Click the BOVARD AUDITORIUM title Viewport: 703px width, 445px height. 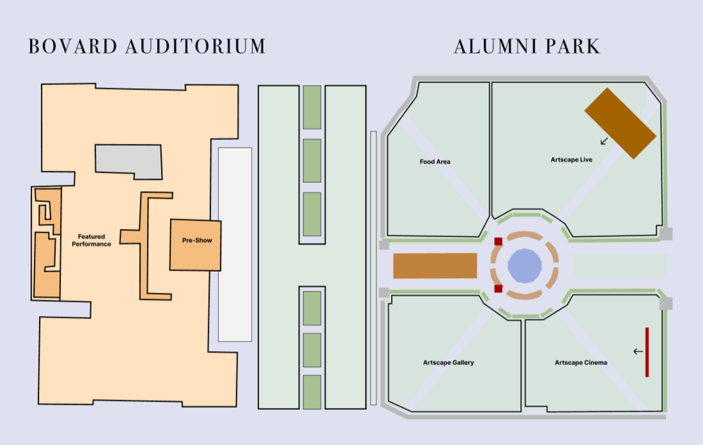click(x=147, y=47)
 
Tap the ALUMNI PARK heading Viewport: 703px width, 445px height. click(x=527, y=47)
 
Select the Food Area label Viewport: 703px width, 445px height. click(x=435, y=162)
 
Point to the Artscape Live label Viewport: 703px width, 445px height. click(x=571, y=159)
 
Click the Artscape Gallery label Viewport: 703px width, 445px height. click(x=449, y=363)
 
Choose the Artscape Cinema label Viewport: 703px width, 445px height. click(x=581, y=363)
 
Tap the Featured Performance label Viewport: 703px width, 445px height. click(x=91, y=240)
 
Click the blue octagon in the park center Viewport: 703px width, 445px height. click(x=525, y=265)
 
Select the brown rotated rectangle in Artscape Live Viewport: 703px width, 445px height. click(x=620, y=123)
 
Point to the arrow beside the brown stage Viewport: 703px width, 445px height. click(x=604, y=141)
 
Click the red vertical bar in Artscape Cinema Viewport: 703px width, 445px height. click(x=647, y=352)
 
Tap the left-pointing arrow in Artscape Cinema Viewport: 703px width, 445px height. click(x=638, y=351)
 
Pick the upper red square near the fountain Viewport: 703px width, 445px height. click(x=498, y=241)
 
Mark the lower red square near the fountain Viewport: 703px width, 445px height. click(x=498, y=288)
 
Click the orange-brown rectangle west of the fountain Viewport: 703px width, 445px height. click(x=435, y=265)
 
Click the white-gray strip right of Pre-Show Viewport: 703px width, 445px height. click(x=235, y=244)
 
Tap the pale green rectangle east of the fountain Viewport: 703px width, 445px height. click(x=619, y=265)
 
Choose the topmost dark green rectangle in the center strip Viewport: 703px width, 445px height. click(x=312, y=107)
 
